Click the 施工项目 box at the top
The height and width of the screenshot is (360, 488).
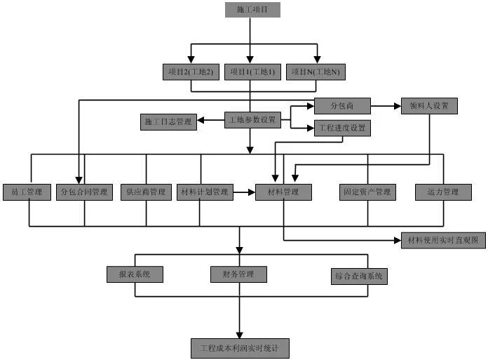(252, 10)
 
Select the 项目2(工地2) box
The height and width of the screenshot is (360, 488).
(191, 72)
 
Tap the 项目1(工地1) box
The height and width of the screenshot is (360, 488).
(252, 72)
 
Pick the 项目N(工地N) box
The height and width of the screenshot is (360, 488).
(316, 72)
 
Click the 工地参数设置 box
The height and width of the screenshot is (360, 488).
(252, 120)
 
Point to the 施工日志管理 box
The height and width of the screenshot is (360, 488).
(168, 122)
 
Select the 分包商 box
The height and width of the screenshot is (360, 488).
(342, 106)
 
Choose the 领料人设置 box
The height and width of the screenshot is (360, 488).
(429, 106)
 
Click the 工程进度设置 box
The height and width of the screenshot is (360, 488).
(342, 128)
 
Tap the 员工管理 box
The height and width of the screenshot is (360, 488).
(27, 192)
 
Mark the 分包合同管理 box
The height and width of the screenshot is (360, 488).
(84, 192)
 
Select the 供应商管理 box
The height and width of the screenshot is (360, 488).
(146, 192)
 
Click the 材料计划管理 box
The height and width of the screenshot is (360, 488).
(205, 192)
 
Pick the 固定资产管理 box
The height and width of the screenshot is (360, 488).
(367, 192)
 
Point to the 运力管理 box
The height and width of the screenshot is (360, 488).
(443, 192)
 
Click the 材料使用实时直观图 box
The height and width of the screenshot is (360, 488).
(443, 241)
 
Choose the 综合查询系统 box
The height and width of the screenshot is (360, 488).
(359, 276)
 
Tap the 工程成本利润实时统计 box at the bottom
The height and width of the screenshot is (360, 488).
(240, 348)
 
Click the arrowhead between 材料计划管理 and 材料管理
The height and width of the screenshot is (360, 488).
(252, 192)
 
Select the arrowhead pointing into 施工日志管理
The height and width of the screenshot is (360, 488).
(201, 120)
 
